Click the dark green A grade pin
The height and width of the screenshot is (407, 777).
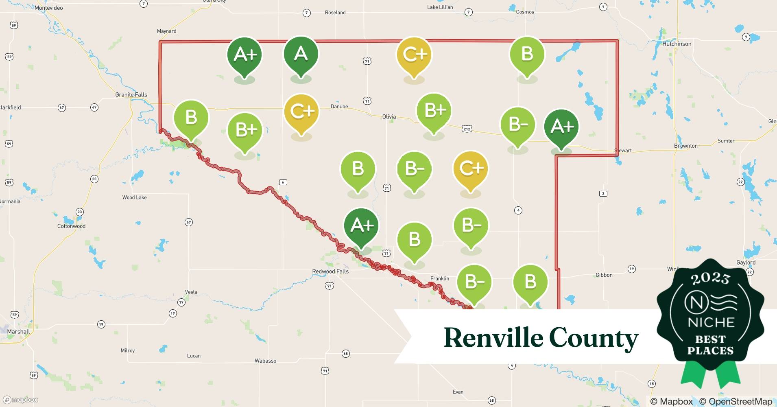coord(301,55)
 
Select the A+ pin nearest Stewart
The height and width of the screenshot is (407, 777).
coord(561,127)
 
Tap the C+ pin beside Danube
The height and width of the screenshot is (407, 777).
coord(301,112)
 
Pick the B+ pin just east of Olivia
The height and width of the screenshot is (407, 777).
coord(434,110)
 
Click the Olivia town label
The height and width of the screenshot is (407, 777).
coord(389,117)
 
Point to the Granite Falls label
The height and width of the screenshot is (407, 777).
coord(131,95)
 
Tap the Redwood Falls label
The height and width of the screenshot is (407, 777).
coord(330,271)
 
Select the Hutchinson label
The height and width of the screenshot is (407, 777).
coord(677,44)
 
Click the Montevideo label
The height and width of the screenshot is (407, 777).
coord(48,8)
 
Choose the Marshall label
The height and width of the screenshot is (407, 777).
coord(18,332)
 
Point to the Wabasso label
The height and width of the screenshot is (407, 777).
coord(265,361)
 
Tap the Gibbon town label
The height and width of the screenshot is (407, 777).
coord(604,275)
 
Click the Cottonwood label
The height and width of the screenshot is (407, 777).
coord(71,226)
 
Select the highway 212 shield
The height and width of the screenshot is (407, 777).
coord(467,129)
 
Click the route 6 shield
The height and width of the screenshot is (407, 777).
coord(283,182)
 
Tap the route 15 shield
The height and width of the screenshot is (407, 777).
coord(652,384)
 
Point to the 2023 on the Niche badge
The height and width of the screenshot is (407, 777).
coord(710,278)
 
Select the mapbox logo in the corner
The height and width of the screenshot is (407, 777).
coord(20,400)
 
